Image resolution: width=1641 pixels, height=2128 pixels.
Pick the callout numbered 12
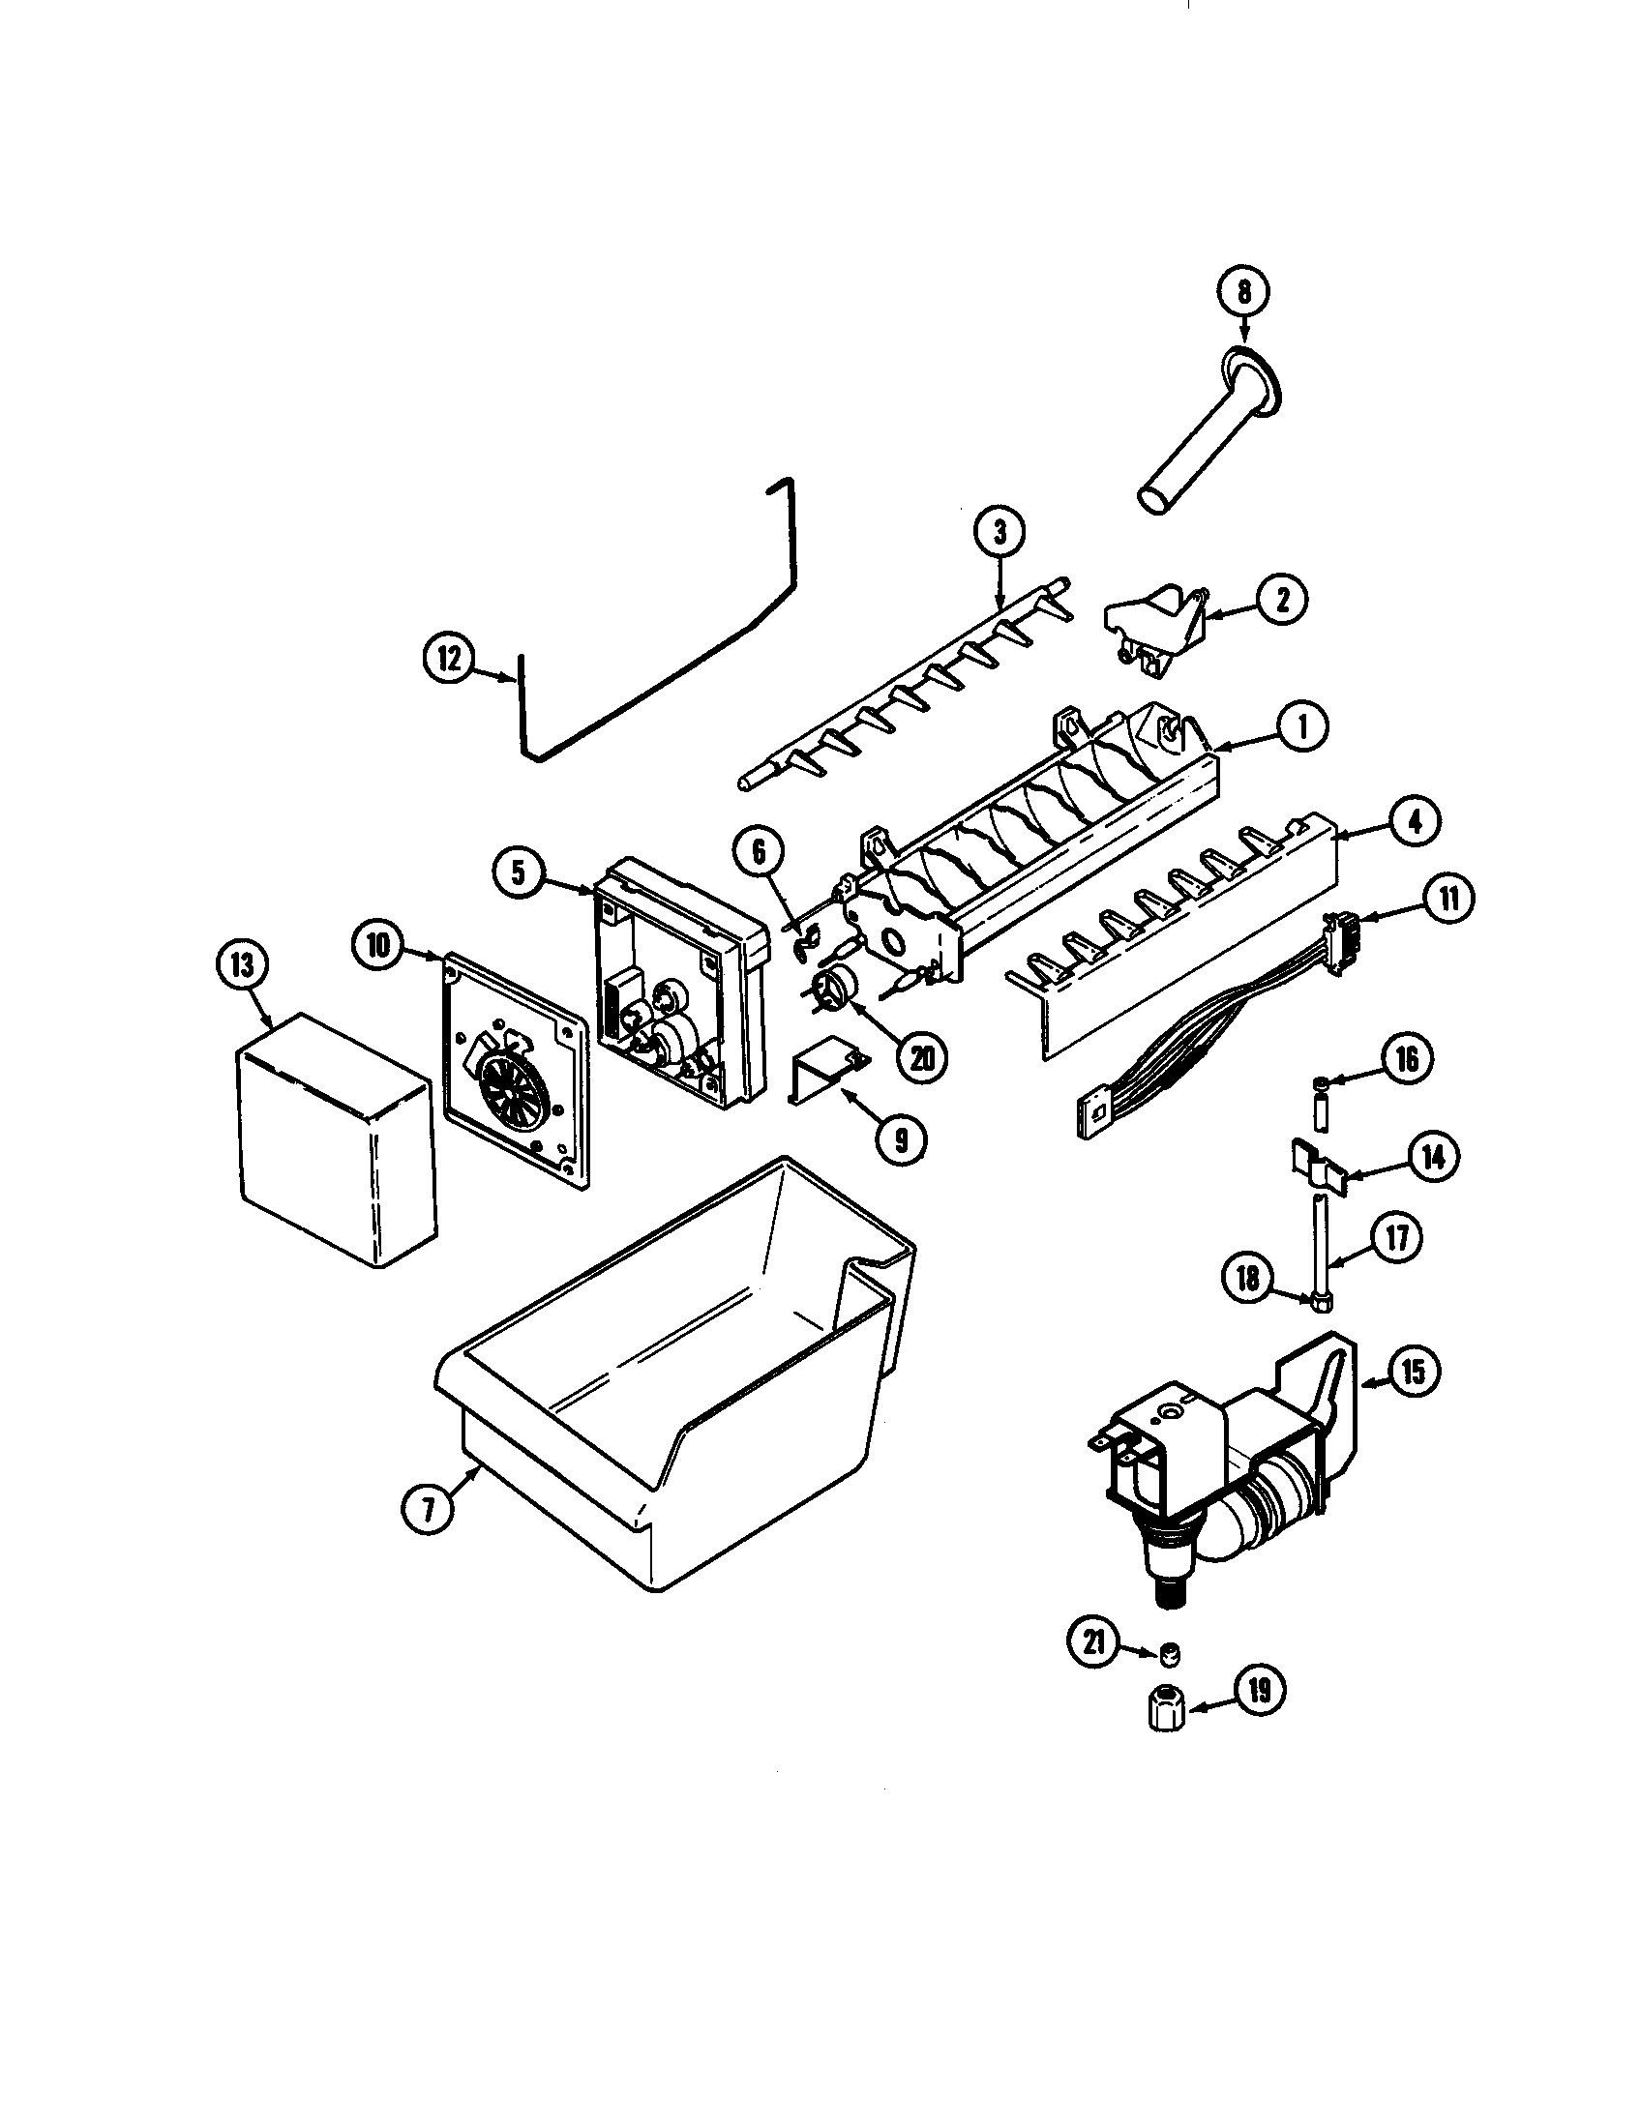pyautogui.click(x=449, y=658)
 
